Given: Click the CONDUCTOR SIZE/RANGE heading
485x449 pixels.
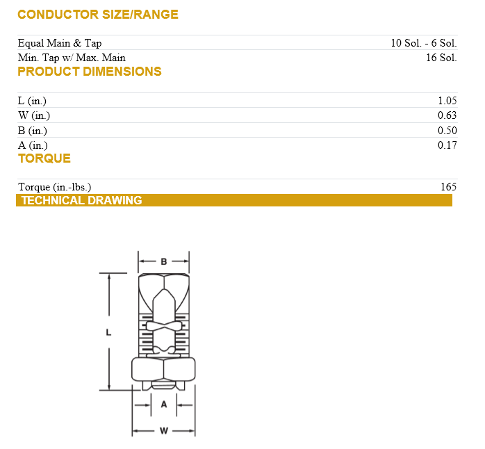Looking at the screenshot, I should click(x=97, y=15).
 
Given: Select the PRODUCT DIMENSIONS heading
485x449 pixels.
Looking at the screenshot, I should click(x=90, y=72).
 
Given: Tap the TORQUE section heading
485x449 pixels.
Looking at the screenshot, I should click(x=44, y=158).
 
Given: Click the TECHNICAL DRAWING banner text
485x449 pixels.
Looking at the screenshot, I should click(x=81, y=201).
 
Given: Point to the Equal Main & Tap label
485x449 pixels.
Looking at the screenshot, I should click(x=60, y=43).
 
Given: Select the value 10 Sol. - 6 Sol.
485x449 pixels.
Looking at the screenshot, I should click(x=423, y=43).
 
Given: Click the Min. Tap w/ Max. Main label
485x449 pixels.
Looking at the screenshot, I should click(x=72, y=58).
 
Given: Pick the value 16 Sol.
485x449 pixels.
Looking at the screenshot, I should click(x=441, y=58).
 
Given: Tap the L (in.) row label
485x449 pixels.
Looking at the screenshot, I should click(x=32, y=101).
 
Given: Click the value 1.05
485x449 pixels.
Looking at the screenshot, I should click(x=447, y=101).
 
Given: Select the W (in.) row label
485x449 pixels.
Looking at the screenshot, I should click(x=33, y=115).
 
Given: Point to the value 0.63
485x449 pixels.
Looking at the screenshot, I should click(x=447, y=115).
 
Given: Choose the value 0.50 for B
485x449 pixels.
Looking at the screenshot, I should click(x=447, y=131).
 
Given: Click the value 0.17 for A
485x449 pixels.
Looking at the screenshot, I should click(x=447, y=145).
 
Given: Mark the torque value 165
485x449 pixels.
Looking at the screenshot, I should click(x=448, y=187).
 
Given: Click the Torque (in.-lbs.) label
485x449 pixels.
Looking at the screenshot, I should click(x=54, y=187).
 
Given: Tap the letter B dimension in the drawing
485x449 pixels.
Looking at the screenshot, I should click(x=164, y=262).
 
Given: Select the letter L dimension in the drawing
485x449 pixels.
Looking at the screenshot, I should click(x=108, y=332).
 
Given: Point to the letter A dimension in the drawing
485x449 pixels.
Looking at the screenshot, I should click(x=164, y=404).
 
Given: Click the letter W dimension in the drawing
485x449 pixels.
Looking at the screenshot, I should click(x=164, y=431).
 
